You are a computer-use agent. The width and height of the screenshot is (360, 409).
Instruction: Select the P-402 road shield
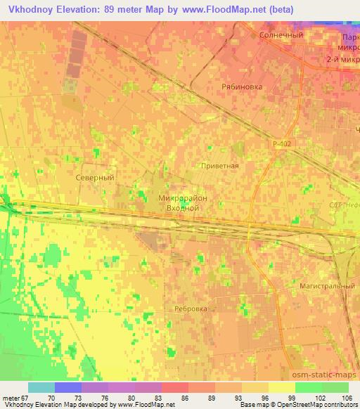282,143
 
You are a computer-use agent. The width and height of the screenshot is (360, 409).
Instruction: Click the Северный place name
94,178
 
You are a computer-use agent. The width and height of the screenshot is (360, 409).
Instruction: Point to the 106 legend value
347,397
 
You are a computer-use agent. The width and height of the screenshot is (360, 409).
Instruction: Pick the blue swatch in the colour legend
68,387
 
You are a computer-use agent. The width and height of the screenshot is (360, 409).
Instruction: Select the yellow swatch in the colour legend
282,387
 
